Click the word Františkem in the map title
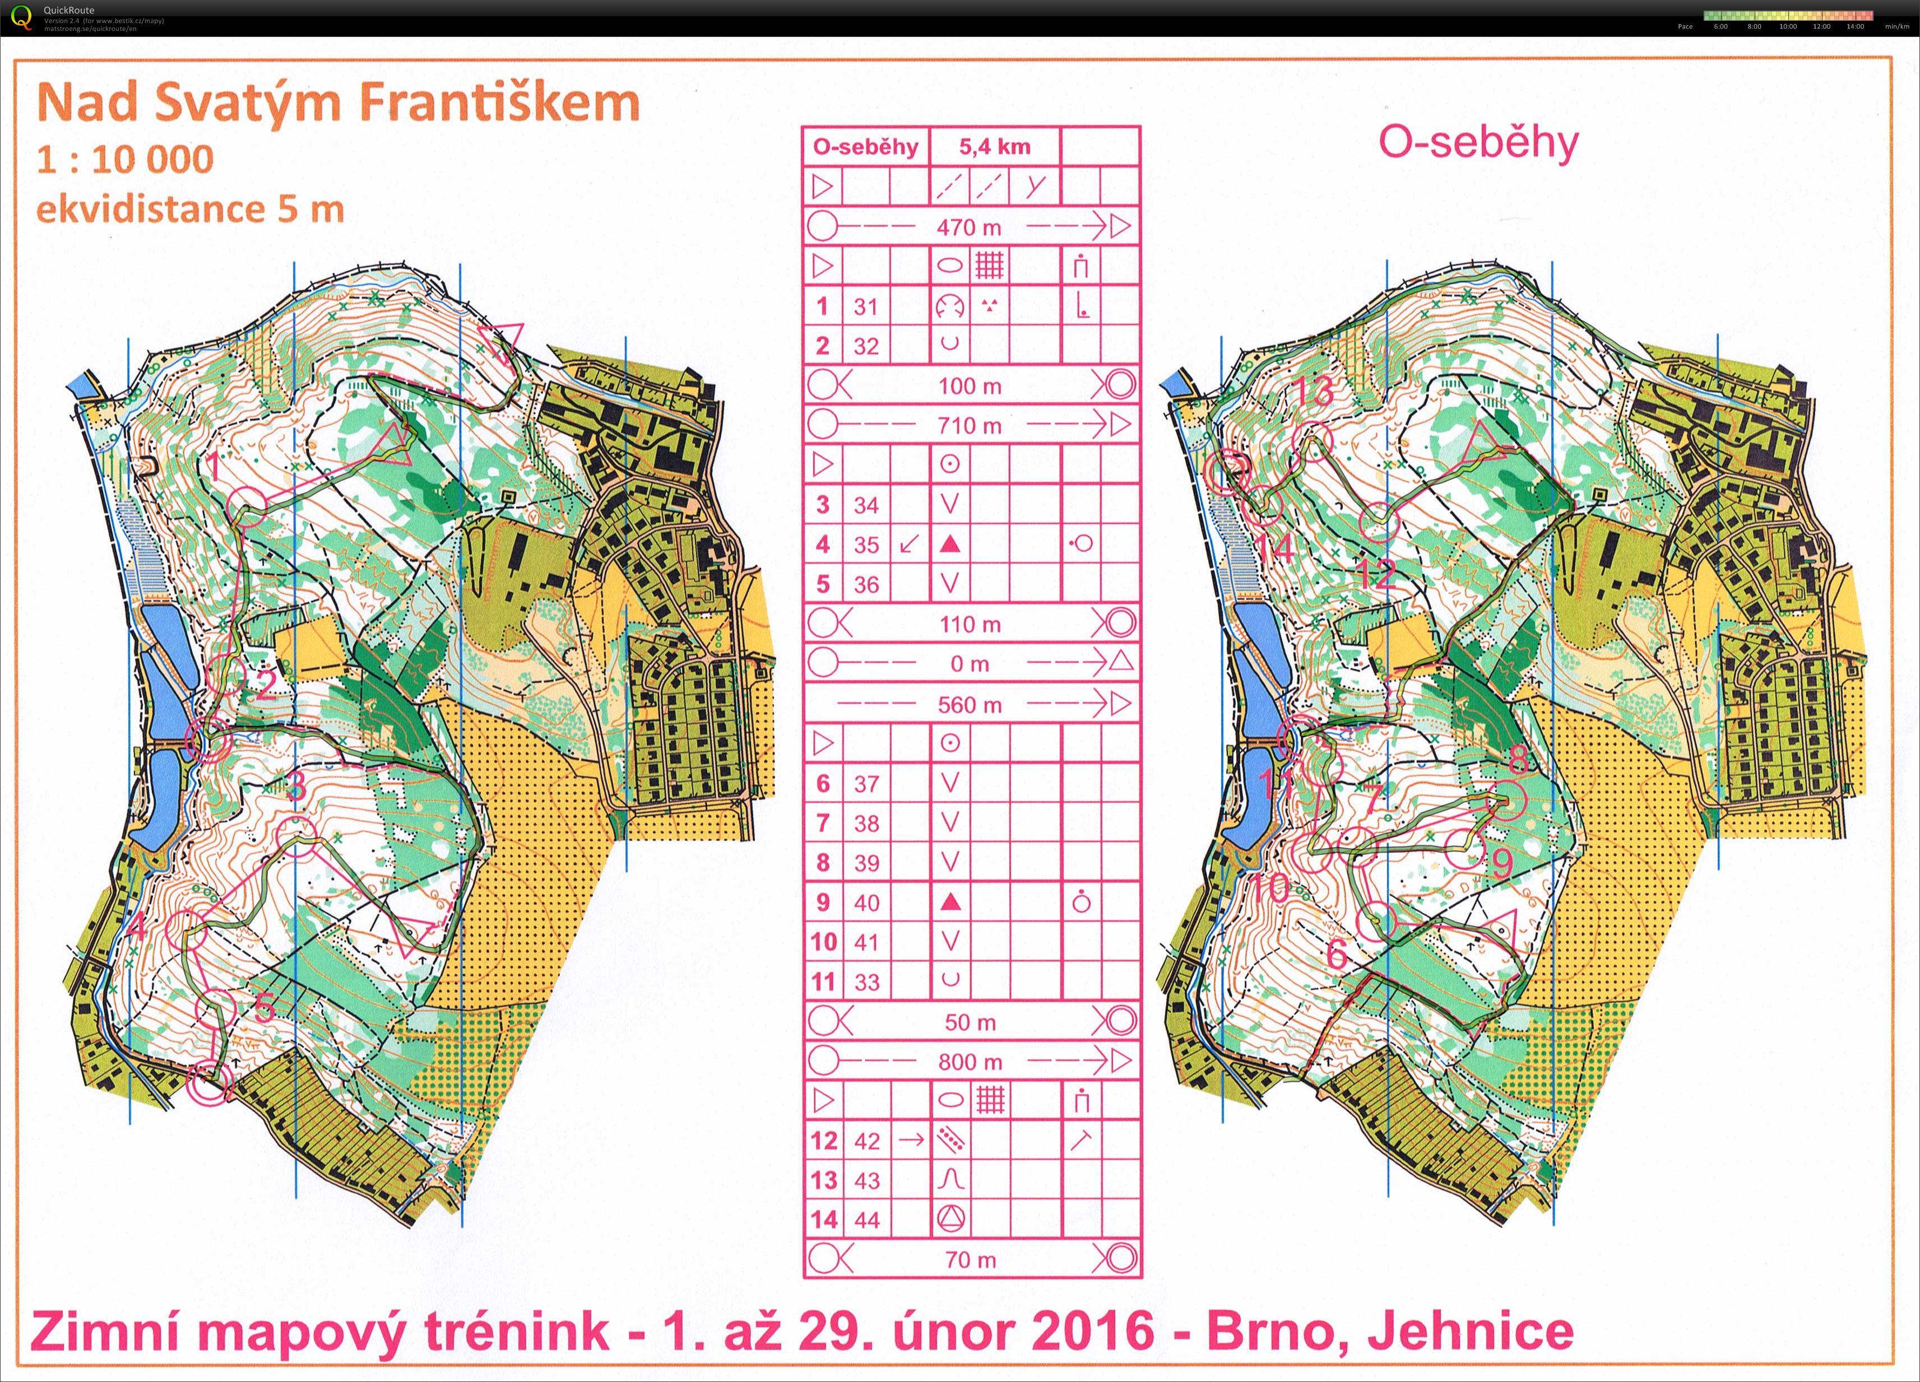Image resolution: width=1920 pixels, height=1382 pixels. click(x=499, y=103)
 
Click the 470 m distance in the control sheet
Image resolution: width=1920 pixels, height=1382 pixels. click(x=970, y=227)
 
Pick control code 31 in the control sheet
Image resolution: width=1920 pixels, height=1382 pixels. click(x=865, y=306)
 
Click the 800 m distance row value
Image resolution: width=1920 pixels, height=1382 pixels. click(x=970, y=1061)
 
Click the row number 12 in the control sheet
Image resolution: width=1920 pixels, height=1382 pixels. click(x=823, y=1141)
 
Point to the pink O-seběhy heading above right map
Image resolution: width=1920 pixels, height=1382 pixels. click(x=1478, y=142)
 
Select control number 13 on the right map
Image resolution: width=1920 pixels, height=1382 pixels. click(x=1315, y=391)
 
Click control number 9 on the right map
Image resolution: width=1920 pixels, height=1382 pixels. click(x=1501, y=862)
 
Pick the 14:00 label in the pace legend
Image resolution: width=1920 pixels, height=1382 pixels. click(x=1855, y=26)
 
